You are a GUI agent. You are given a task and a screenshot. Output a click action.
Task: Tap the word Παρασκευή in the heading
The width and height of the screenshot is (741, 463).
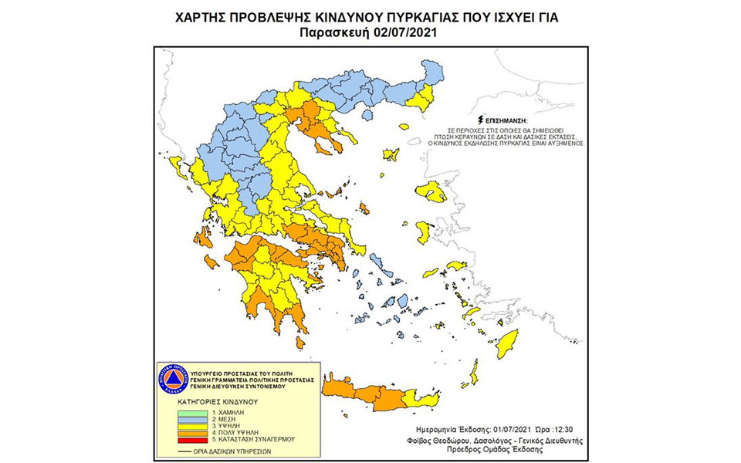pyautogui.click(x=340, y=33)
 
